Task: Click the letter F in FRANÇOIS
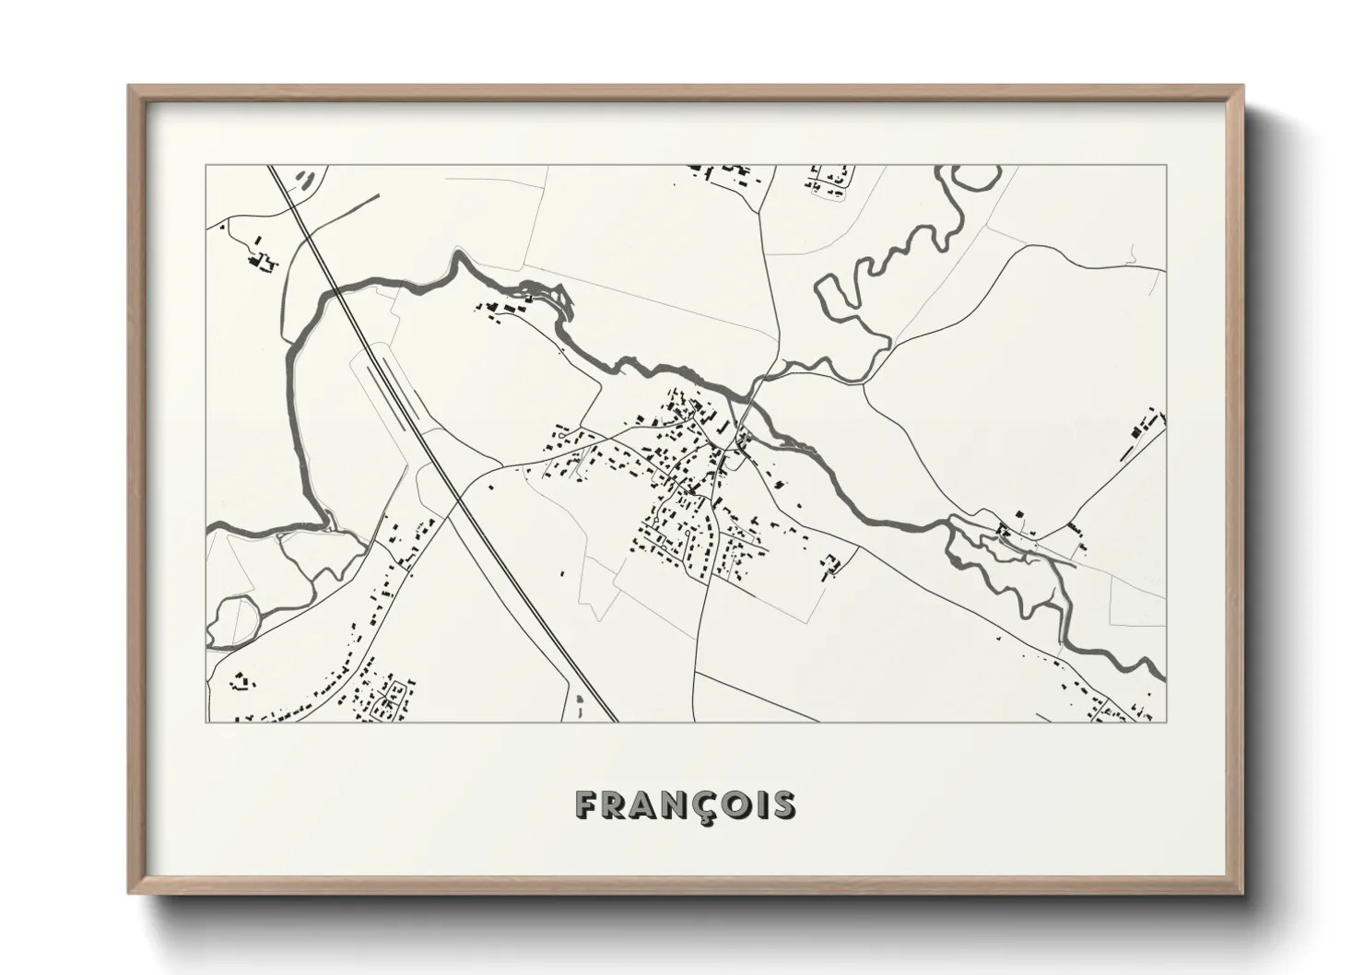pyautogui.click(x=586, y=805)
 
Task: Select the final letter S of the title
pyautogui.click(x=784, y=805)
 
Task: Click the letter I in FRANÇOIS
pyautogui.click(x=758, y=805)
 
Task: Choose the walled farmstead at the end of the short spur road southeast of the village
pyautogui.click(x=831, y=564)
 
